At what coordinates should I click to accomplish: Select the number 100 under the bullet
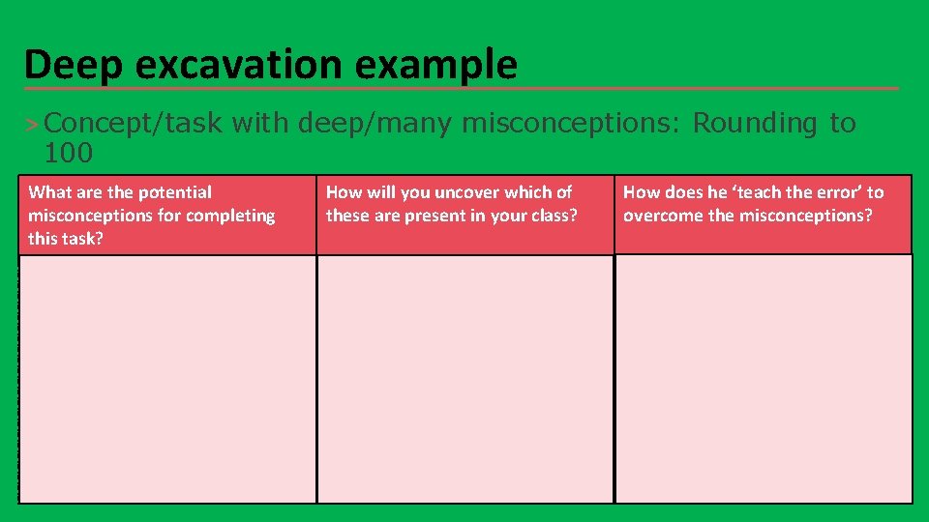[x=68, y=152]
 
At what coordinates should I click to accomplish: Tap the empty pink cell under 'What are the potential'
[x=167, y=378]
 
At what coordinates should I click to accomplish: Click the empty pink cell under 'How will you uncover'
[x=465, y=378]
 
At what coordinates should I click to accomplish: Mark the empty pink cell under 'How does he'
[x=764, y=378]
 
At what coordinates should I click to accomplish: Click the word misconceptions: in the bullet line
[x=572, y=124]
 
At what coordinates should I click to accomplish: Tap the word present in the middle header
[x=449, y=216]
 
